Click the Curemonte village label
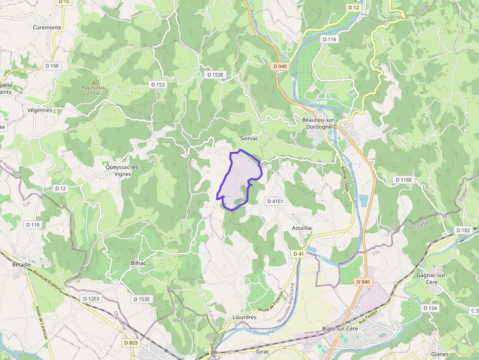click(47, 27)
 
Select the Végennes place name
click(40, 110)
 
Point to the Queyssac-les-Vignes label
click(123, 170)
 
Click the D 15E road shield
click(52, 65)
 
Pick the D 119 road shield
click(32, 225)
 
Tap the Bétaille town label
click(21, 264)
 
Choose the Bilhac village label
click(139, 263)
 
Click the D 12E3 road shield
click(91, 298)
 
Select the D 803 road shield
click(131, 343)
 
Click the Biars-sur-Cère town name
click(340, 329)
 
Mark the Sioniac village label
click(249, 138)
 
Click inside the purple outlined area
click(239, 178)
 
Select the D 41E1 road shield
click(275, 201)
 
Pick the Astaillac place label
click(302, 228)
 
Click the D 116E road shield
click(404, 180)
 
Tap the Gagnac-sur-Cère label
click(432, 278)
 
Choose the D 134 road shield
click(430, 308)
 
